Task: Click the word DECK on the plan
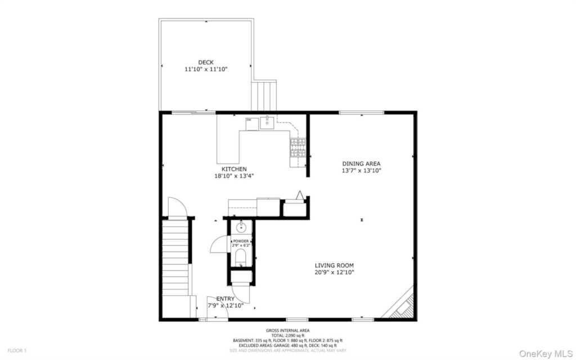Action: point(206,62)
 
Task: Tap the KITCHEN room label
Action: point(233,169)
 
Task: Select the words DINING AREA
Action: point(361,164)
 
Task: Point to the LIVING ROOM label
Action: point(334,265)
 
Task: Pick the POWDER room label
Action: point(241,241)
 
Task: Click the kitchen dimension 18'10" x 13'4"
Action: point(233,175)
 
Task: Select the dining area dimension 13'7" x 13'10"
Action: point(361,170)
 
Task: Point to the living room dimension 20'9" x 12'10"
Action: point(334,272)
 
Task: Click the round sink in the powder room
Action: point(241,227)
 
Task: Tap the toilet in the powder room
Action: point(241,258)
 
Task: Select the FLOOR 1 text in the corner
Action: point(16,350)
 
